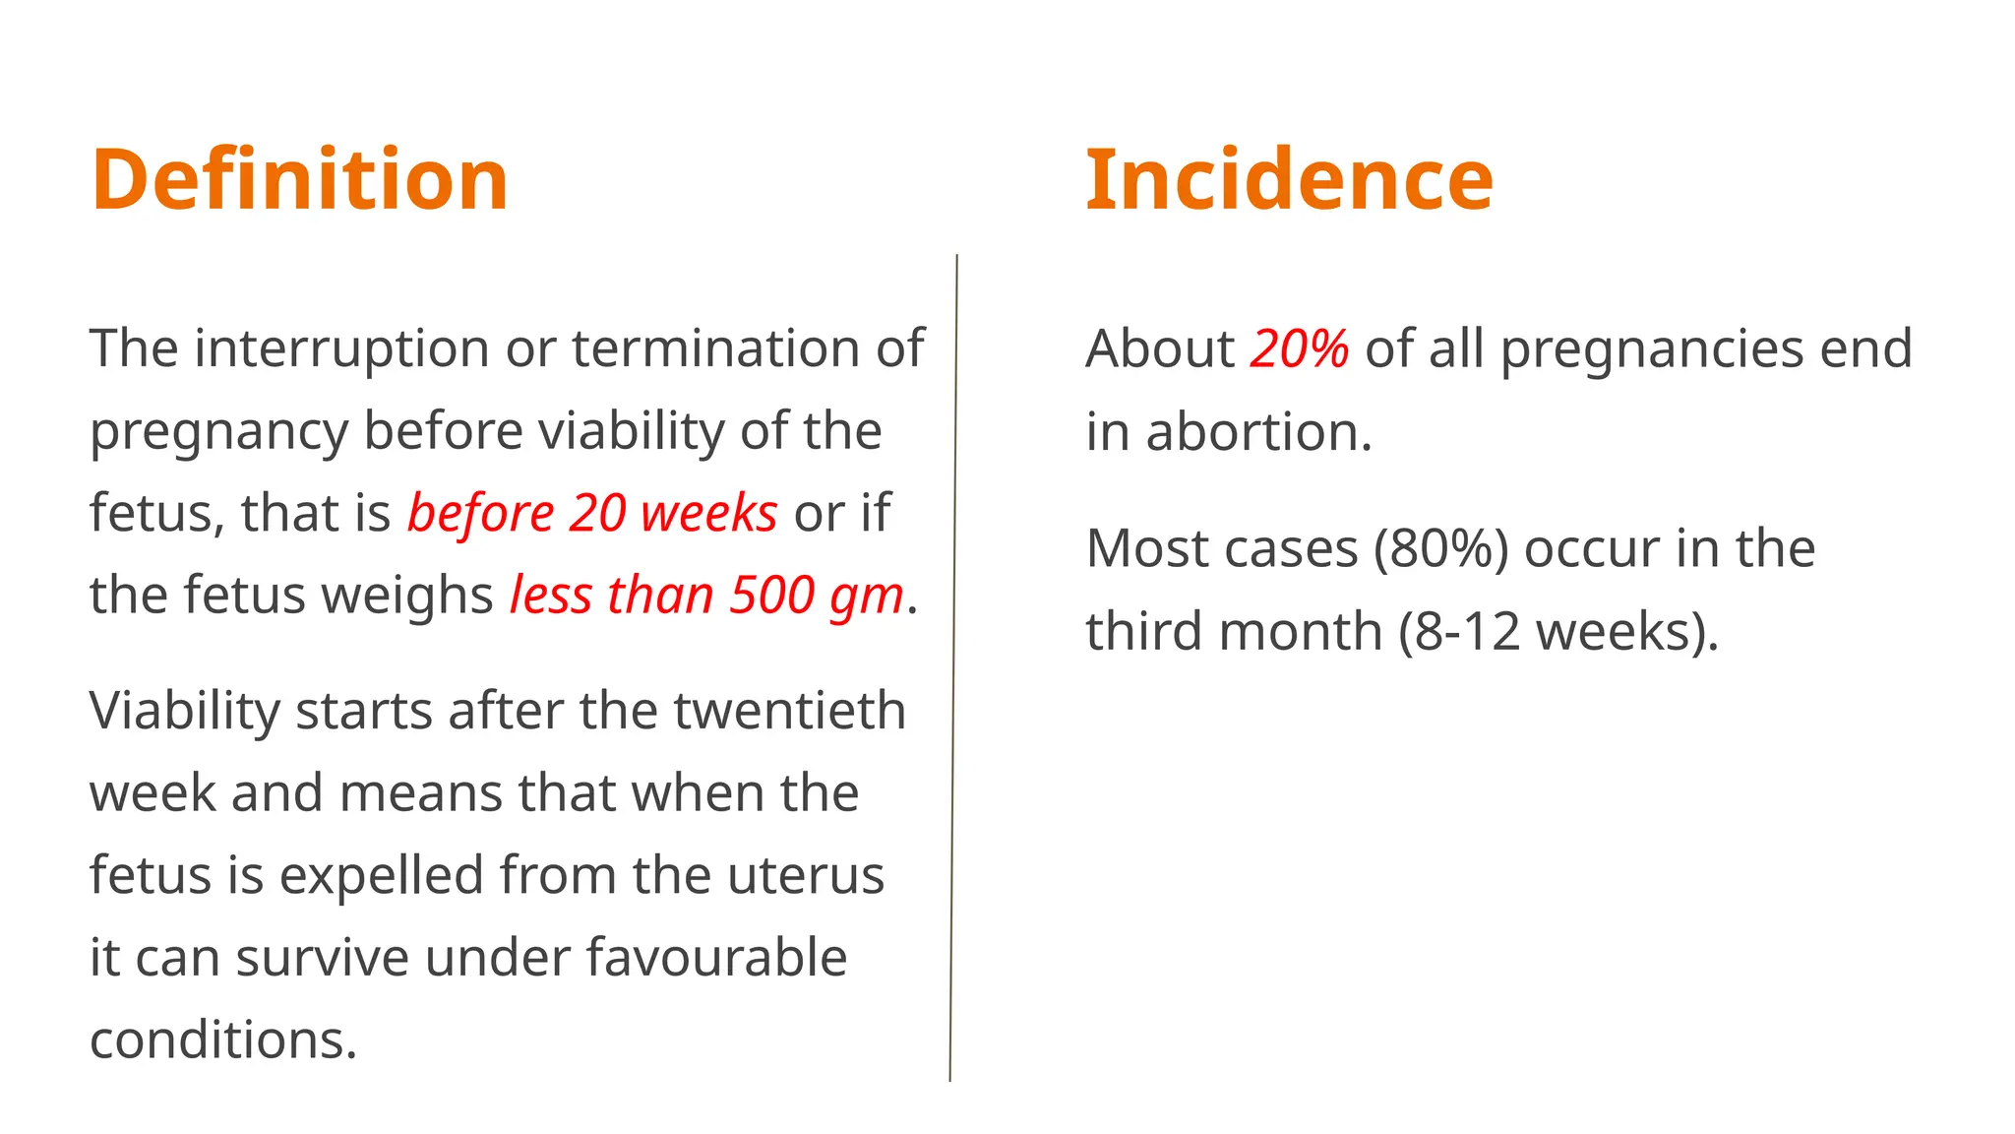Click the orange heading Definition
click(299, 179)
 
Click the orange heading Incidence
click(1289, 179)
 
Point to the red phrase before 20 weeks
click(592, 513)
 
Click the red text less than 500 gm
click(706, 596)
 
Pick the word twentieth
click(789, 711)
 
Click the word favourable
click(716, 958)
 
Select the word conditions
click(222, 1039)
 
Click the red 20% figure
click(1299, 348)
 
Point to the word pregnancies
click(1651, 350)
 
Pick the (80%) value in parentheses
click(1440, 548)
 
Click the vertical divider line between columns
click(953, 669)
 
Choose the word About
click(1160, 348)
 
